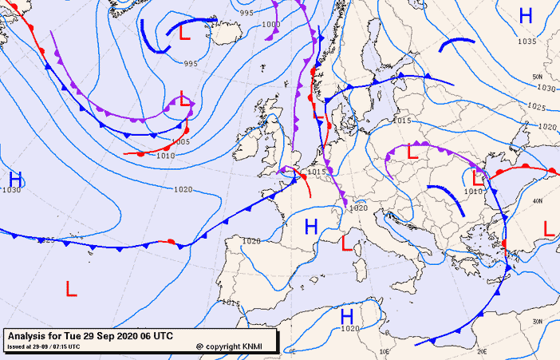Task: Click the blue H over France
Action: (x=311, y=226)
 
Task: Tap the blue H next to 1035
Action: (x=526, y=16)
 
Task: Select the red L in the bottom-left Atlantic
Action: (x=71, y=288)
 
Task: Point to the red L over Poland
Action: (x=412, y=151)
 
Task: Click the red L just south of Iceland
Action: (x=184, y=34)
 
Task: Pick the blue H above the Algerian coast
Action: (x=347, y=316)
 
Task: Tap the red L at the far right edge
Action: (x=549, y=228)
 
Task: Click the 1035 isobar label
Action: (x=526, y=42)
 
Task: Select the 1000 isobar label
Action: (x=270, y=25)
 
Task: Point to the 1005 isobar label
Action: (x=181, y=141)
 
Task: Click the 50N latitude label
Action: (x=537, y=77)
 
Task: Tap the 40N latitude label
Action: (x=538, y=200)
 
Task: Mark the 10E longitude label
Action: (x=385, y=350)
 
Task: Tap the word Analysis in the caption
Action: (x=29, y=335)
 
